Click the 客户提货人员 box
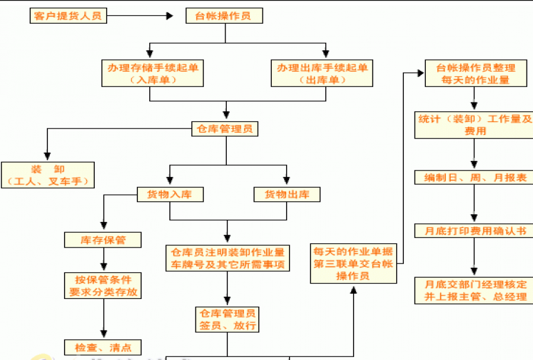[68, 15]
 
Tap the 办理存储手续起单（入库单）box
[153, 73]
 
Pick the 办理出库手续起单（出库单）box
[322, 73]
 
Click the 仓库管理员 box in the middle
[225, 128]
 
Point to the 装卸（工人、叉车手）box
[48, 175]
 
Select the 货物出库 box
[287, 194]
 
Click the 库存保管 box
[103, 240]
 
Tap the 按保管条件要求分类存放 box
[104, 285]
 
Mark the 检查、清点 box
[103, 347]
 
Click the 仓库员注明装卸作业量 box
[227, 258]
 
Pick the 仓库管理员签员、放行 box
[227, 319]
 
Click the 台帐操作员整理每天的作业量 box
[476, 73]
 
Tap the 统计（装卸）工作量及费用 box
[474, 125]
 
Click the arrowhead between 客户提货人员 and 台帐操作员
[170, 16]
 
